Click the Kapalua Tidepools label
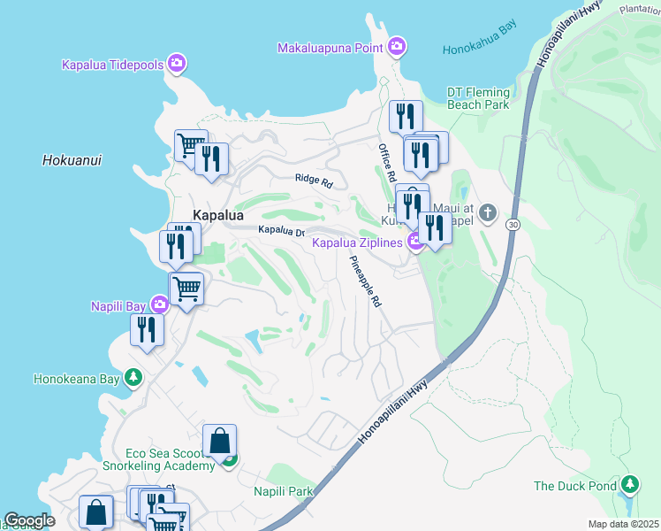(x=113, y=64)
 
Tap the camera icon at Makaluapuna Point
(x=397, y=46)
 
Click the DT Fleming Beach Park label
(x=478, y=98)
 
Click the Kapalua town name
(x=218, y=215)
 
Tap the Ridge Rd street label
(x=313, y=181)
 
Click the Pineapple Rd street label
(x=365, y=281)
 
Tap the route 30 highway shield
(x=513, y=226)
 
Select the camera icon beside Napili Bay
(x=159, y=305)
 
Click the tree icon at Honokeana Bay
(x=133, y=379)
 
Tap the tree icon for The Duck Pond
(x=629, y=485)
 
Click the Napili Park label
(x=283, y=491)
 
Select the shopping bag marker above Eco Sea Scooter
(x=219, y=440)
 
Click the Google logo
(x=29, y=520)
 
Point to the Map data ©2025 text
(x=623, y=524)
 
